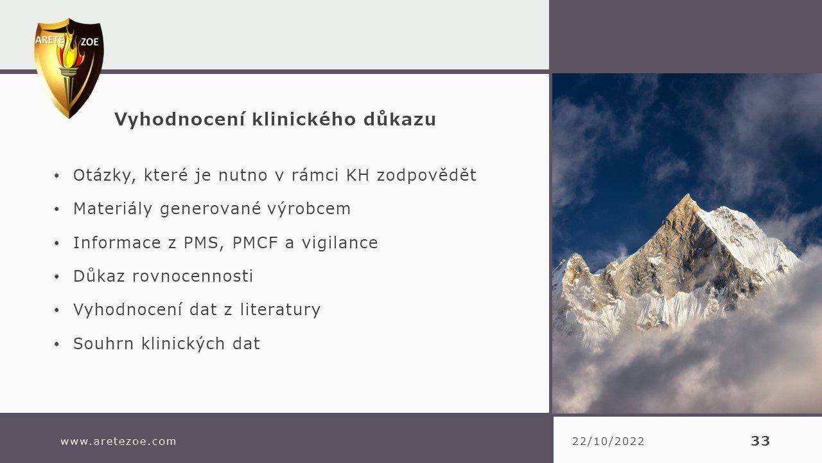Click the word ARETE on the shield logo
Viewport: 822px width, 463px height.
(x=50, y=40)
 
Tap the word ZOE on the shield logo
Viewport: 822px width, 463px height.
(x=89, y=42)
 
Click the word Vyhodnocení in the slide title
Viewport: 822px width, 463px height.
(x=180, y=120)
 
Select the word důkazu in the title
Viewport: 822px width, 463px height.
(x=399, y=119)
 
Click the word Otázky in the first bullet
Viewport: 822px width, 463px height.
(x=105, y=176)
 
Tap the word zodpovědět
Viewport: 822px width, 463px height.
(x=427, y=176)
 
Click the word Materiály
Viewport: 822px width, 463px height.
(x=112, y=209)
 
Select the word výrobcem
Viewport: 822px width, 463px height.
(x=309, y=209)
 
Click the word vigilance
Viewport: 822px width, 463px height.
(x=340, y=243)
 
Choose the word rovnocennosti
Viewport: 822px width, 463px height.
(x=193, y=277)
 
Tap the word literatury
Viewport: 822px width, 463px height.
(x=281, y=310)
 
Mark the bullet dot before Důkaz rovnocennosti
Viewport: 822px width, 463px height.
(x=57, y=277)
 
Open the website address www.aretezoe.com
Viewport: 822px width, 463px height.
(x=119, y=441)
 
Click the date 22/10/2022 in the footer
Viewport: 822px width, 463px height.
(x=608, y=441)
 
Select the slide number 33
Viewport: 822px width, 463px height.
(x=760, y=441)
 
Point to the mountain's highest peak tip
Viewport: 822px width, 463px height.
(x=688, y=195)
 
